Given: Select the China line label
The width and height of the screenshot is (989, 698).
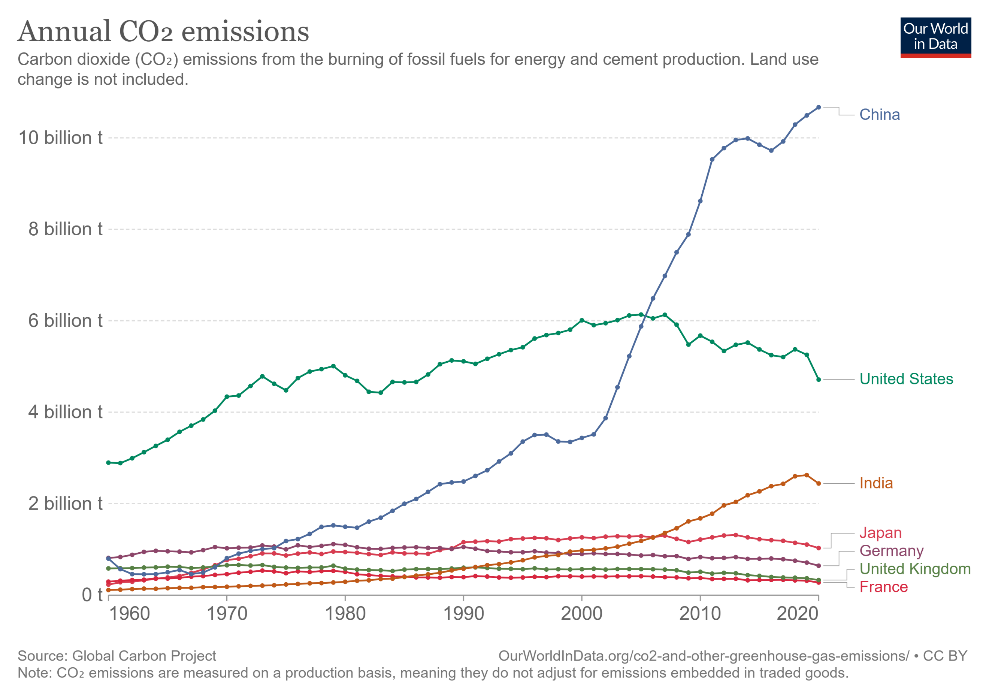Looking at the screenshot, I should (880, 115).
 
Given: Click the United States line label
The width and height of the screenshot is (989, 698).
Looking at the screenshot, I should (906, 379).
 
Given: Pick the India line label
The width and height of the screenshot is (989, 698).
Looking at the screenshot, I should (876, 483).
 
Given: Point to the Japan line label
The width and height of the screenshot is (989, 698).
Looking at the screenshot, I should (881, 533).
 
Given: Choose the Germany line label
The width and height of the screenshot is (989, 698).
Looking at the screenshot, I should (891, 551).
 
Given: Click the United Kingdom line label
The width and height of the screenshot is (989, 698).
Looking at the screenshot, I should (915, 569).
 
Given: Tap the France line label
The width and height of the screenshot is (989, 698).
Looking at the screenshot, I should (883, 587).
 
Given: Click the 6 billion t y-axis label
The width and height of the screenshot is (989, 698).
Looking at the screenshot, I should (65, 321).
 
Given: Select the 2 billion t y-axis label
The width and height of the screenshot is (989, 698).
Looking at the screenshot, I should (65, 503).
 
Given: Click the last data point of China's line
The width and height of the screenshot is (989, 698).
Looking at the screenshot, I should (819, 107).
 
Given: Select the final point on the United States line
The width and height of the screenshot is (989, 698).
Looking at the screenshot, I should (819, 379).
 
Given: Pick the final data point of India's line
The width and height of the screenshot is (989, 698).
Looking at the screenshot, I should (819, 483).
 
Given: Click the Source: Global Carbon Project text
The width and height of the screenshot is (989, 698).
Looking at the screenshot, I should (117, 656).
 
